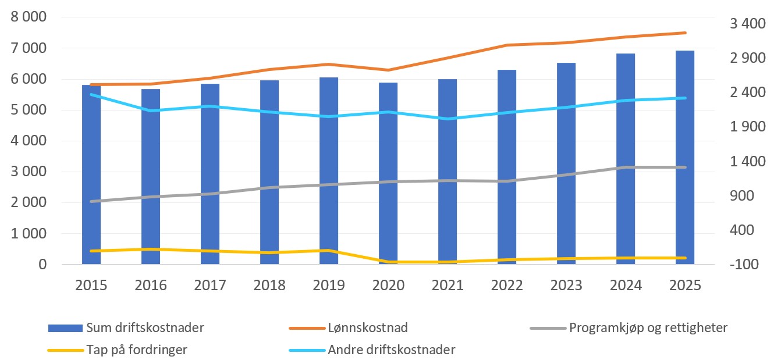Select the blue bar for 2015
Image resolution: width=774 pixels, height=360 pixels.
91,174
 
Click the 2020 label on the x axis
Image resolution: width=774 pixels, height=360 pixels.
388,285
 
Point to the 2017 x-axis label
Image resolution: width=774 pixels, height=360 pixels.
210,285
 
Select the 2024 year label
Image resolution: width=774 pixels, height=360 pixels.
626,285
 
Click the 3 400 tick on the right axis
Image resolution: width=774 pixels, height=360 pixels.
746,24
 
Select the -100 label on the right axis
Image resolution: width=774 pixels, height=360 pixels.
746,265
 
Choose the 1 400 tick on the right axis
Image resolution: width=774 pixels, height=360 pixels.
746,161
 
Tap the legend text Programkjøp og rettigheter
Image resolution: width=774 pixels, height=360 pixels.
648,327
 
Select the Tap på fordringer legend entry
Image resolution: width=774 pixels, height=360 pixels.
137,350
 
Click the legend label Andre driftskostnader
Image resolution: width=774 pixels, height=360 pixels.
391,350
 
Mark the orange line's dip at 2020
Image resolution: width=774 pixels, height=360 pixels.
388,70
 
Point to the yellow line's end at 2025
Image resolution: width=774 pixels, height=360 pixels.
685,258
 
